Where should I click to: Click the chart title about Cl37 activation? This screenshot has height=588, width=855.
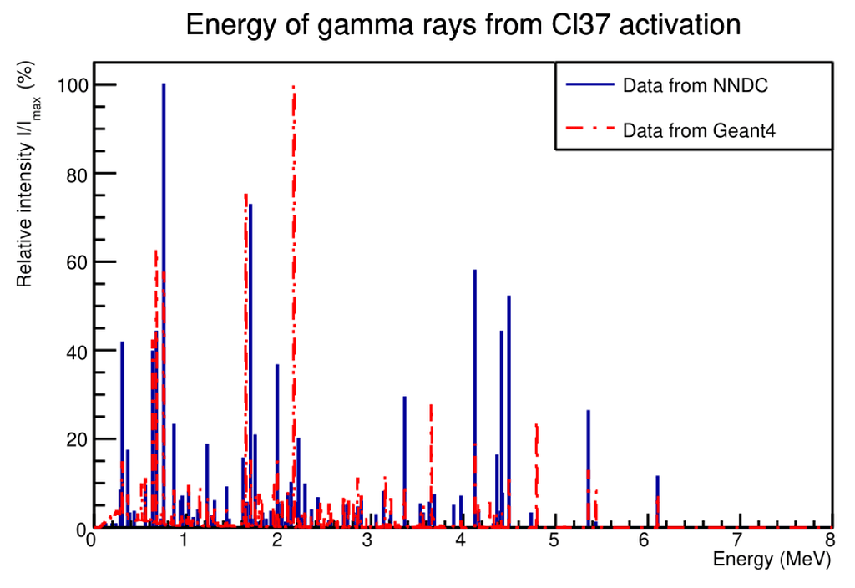(x=463, y=25)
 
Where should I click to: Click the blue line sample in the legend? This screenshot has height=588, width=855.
(x=590, y=84)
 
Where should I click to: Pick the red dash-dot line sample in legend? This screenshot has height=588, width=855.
(x=590, y=129)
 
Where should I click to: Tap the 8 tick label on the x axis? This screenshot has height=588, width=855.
(x=829, y=541)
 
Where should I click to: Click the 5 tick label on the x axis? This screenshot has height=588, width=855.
(x=553, y=541)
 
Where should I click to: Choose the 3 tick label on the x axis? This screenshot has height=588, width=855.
(x=368, y=541)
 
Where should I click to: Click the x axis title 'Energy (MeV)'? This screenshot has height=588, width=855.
(x=772, y=560)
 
